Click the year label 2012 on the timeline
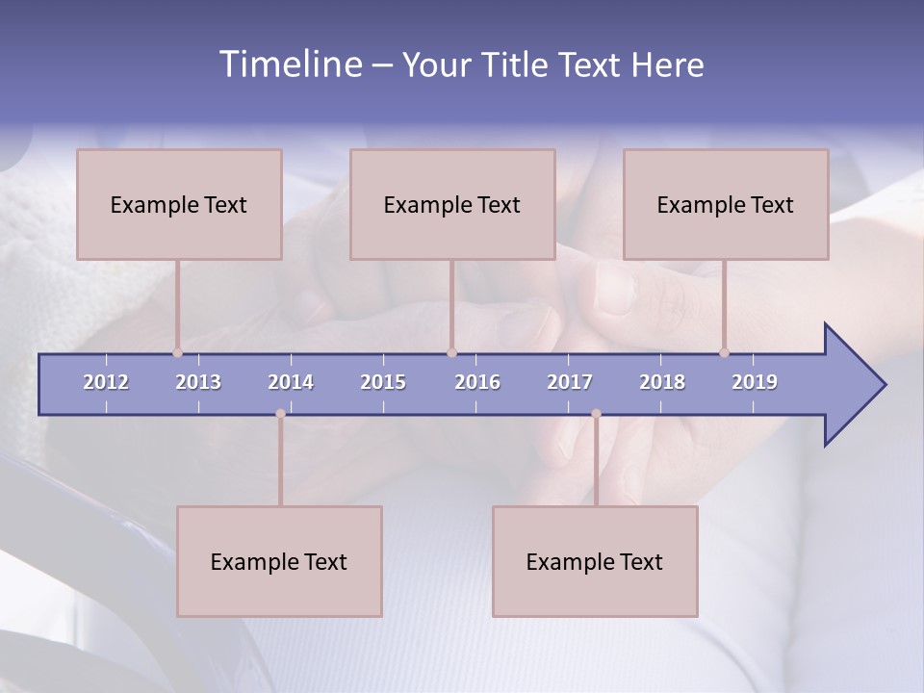click(106, 382)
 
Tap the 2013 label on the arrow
click(198, 382)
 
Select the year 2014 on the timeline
click(291, 382)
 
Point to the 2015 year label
click(383, 382)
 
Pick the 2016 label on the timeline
click(477, 382)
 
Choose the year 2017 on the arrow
click(570, 382)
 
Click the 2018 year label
click(662, 382)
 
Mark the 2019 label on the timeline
click(755, 382)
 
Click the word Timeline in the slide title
click(290, 64)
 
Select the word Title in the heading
click(518, 65)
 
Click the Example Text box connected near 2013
click(179, 204)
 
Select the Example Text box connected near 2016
click(452, 204)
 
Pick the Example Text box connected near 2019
click(726, 204)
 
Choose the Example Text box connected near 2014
click(279, 561)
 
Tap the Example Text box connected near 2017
click(595, 561)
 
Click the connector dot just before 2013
click(177, 353)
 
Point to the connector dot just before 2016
click(451, 353)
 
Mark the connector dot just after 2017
click(596, 414)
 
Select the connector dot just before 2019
click(724, 353)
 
